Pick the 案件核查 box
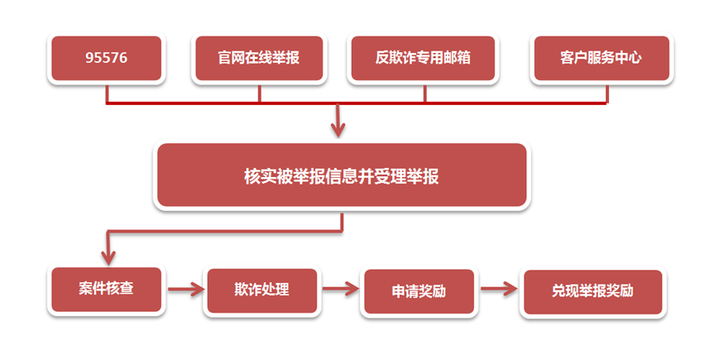[x=106, y=290]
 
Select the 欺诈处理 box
[x=261, y=291]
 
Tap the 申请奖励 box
[x=419, y=293]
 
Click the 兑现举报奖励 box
[x=592, y=292]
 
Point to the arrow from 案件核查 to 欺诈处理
[x=185, y=289]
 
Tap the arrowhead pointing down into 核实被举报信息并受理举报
[x=338, y=130]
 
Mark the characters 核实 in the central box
[x=257, y=176]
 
